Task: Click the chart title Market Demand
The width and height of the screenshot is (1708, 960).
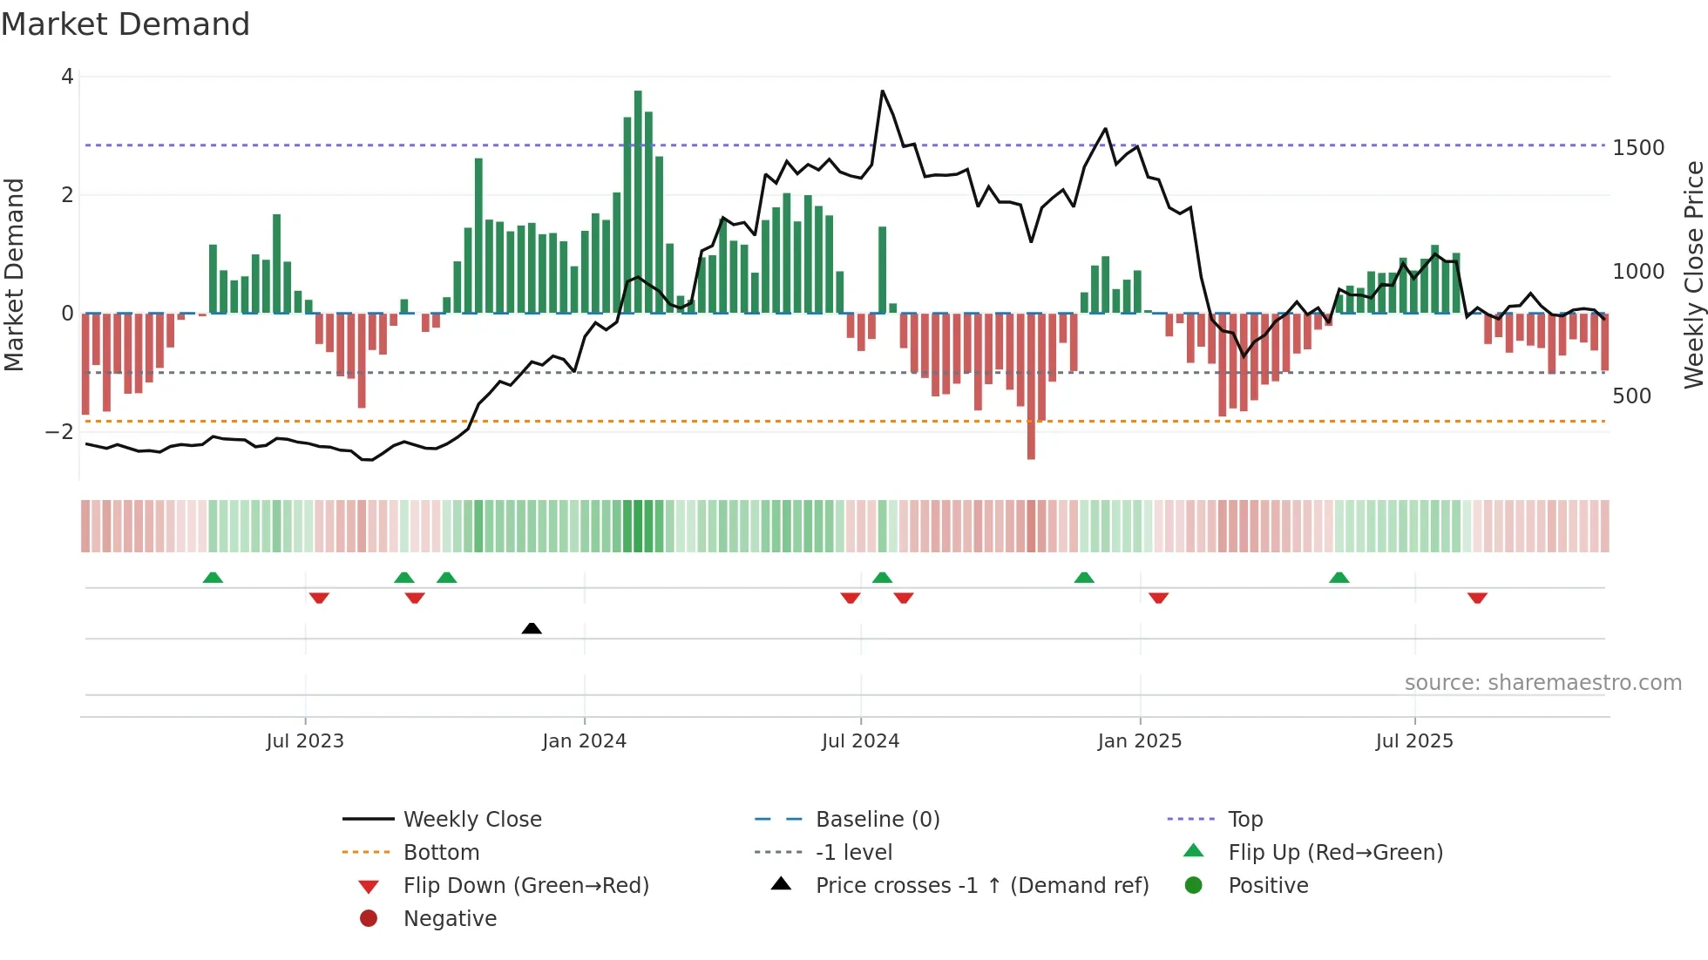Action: pyautogui.click(x=125, y=24)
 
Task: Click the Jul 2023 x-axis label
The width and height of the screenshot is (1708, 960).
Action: pyautogui.click(x=305, y=741)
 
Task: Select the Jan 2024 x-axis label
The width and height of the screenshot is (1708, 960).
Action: pyautogui.click(x=584, y=741)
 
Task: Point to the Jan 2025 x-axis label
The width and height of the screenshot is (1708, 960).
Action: pyautogui.click(x=1139, y=741)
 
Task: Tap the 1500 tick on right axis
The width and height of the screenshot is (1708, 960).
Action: pyautogui.click(x=1638, y=148)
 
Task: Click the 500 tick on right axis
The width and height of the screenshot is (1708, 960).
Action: pyautogui.click(x=1631, y=396)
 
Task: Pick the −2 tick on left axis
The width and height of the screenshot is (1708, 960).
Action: pyautogui.click(x=60, y=432)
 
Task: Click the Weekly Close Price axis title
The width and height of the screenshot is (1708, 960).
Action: pyautogui.click(x=1693, y=274)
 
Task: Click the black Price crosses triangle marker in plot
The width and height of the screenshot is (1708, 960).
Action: pyautogui.click(x=532, y=628)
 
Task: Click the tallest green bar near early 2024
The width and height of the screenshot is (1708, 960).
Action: pyautogui.click(x=638, y=200)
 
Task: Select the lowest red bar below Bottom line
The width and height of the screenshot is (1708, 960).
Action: pyautogui.click(x=1031, y=440)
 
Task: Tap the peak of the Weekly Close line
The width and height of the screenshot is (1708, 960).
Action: pyautogui.click(x=882, y=91)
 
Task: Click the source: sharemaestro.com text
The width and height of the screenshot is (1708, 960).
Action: pyautogui.click(x=1542, y=683)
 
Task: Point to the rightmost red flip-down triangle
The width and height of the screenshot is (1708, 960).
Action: pyautogui.click(x=1477, y=598)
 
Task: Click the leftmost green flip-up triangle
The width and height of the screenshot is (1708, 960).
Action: pyautogui.click(x=213, y=578)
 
